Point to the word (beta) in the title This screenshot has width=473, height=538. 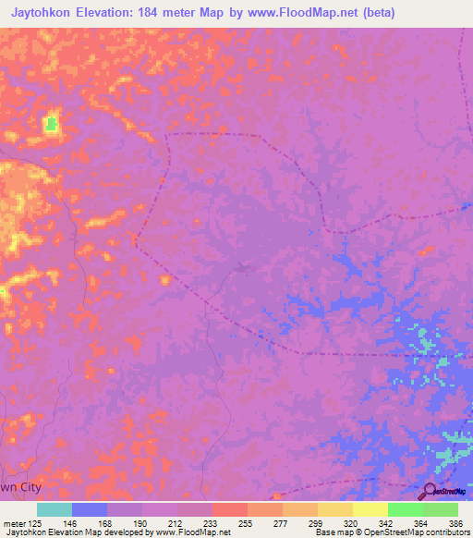tap(379, 13)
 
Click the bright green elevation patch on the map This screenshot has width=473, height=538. tap(52, 122)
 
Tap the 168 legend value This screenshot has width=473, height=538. tap(107, 521)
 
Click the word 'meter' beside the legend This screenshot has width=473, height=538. tap(12, 521)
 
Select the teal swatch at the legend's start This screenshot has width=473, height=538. tap(55, 509)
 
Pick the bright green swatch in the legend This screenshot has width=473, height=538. tap(406, 509)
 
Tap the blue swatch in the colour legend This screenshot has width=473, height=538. tap(90, 509)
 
